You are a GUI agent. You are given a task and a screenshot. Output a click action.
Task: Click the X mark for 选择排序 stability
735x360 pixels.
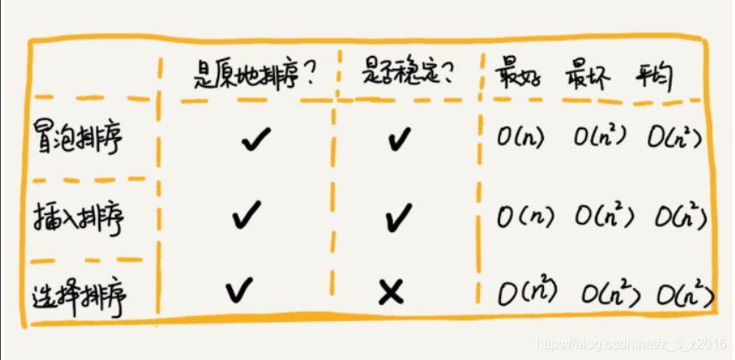point(391,293)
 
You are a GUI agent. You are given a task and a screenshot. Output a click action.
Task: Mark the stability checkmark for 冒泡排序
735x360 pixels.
point(395,139)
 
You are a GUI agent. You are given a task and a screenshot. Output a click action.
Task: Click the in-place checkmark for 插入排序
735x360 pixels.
point(247,214)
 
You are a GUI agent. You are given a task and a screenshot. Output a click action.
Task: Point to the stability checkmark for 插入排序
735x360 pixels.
point(395,218)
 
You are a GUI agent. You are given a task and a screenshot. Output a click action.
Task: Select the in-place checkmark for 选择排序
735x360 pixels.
point(240,291)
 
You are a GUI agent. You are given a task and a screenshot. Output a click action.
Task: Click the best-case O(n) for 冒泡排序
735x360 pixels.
point(523,137)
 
